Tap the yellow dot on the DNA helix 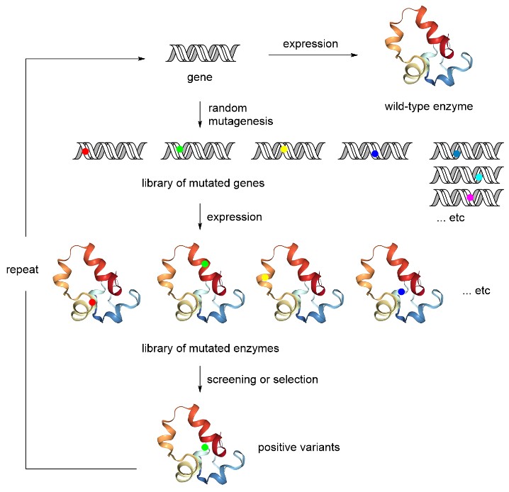284,150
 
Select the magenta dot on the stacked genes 469,198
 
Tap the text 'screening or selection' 262,379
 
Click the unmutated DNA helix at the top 201,53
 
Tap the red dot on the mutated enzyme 92,303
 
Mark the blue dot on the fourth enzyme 401,291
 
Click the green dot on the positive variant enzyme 205,447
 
